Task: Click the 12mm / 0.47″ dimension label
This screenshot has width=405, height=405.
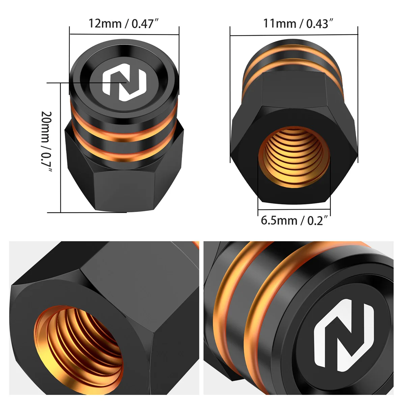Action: (124, 23)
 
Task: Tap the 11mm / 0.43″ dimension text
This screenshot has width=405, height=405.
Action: (298, 23)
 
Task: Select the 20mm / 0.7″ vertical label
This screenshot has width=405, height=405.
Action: (46, 141)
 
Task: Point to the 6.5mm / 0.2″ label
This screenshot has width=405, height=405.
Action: (294, 220)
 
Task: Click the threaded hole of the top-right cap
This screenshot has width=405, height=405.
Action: (294, 157)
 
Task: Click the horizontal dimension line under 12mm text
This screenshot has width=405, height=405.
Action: (124, 34)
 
